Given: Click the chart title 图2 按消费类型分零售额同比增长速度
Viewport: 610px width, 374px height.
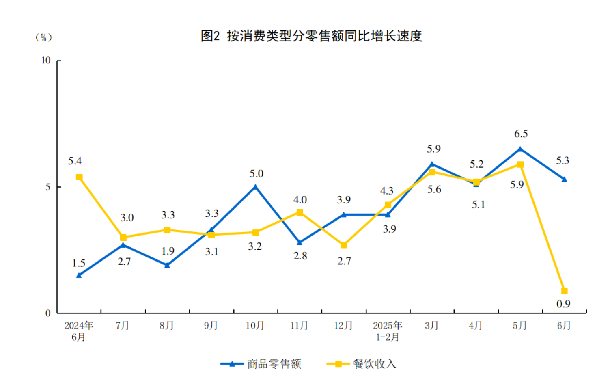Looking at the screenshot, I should [x=311, y=36].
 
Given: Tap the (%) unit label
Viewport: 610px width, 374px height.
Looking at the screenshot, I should [x=43, y=37].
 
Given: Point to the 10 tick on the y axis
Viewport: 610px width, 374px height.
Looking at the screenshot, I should [x=46, y=61].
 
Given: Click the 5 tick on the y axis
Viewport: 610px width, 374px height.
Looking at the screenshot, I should [x=48, y=187].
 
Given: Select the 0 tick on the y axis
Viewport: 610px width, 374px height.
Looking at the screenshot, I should [x=48, y=313].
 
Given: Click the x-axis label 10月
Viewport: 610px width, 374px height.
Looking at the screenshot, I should [x=255, y=326].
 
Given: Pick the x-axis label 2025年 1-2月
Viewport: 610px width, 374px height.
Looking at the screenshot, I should [x=388, y=331].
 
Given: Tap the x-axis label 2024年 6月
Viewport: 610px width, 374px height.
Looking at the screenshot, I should [x=79, y=331].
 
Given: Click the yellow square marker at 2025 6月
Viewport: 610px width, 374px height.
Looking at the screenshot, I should [x=564, y=291].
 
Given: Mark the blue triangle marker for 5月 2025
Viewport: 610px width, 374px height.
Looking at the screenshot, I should [x=520, y=149].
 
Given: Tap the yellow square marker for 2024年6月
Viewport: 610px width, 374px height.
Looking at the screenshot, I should [x=79, y=177].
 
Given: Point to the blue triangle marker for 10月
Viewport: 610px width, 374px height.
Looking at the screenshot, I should [x=255, y=187].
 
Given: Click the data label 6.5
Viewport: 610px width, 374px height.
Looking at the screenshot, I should [x=521, y=134].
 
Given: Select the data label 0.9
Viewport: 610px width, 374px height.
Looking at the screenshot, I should [x=563, y=304].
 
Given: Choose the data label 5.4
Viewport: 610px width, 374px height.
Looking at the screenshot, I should [x=75, y=161].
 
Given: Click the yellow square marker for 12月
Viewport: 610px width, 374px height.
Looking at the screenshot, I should [x=344, y=245].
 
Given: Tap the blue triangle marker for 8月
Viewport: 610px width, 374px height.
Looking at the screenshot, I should [x=167, y=265].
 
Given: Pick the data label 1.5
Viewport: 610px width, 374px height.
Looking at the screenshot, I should [x=78, y=263].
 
